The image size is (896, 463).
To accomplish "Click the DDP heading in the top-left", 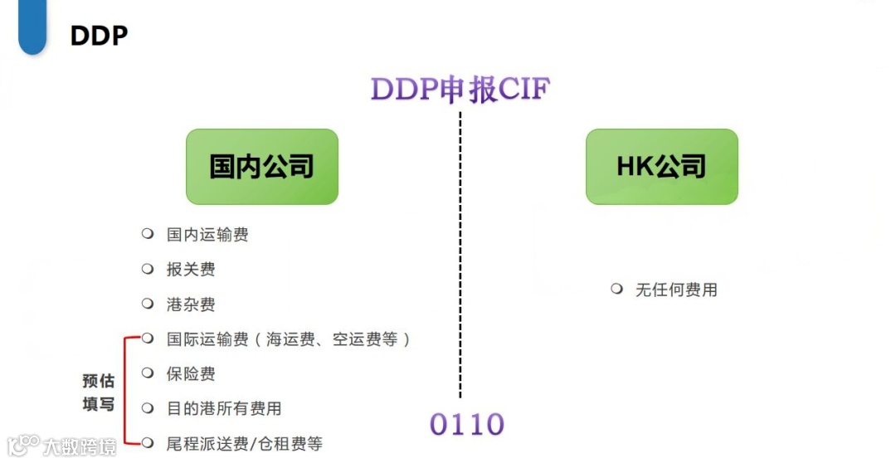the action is tap(99, 36).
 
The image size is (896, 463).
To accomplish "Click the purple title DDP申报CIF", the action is tap(460, 89).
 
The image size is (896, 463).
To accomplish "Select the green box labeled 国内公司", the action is tap(261, 166).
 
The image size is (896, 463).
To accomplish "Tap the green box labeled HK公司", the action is tap(661, 166).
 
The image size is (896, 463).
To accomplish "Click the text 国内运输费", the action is tap(207, 235).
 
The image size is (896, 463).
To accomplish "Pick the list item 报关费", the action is tap(191, 270).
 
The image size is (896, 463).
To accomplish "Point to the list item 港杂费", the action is tap(191, 305).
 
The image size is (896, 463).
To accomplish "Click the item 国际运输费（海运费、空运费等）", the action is tap(289, 339).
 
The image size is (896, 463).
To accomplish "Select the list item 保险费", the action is tap(191, 373).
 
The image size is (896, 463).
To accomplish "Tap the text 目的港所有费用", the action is tap(224, 408).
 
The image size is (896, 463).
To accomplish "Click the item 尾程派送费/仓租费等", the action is tap(244, 443).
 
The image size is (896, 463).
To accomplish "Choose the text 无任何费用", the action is tap(676, 290).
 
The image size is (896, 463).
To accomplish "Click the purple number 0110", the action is tap(466, 424).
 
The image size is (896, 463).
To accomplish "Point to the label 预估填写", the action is tap(98, 392).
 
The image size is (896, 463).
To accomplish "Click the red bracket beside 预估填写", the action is tap(124, 390).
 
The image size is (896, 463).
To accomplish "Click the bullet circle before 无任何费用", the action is tap(616, 289).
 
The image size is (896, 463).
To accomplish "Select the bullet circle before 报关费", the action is tap(148, 269).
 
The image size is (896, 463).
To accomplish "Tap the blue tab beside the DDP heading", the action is tap(32, 27).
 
